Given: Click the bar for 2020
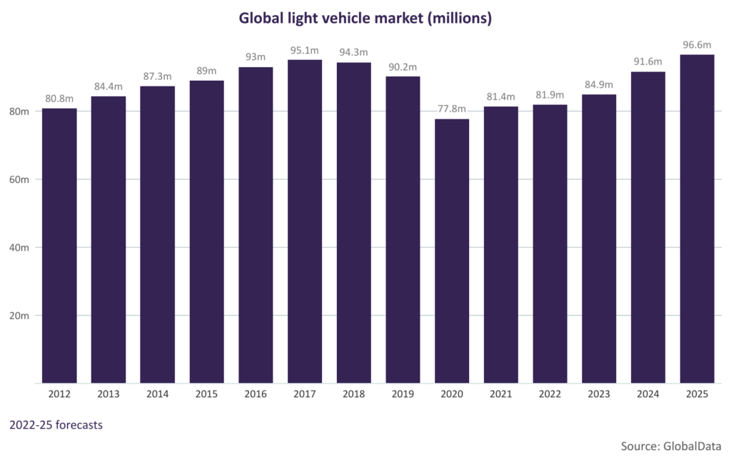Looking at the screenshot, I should [x=452, y=251].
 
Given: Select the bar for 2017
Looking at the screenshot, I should [x=305, y=221].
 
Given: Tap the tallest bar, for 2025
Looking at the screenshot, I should [x=697, y=219].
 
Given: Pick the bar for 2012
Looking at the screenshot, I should [x=59, y=246].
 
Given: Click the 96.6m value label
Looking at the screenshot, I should [x=697, y=44].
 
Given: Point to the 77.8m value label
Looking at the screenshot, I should [x=452, y=109].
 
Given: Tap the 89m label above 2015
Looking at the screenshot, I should [x=206, y=70].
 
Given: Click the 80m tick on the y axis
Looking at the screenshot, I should [x=19, y=111].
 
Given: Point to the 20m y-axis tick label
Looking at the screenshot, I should [x=19, y=316].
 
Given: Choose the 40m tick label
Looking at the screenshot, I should [x=19, y=248].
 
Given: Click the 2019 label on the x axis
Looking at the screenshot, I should [x=403, y=394].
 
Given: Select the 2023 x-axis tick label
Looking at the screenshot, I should [x=599, y=394].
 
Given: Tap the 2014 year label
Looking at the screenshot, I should [x=157, y=394].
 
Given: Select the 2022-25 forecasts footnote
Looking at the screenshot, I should [x=56, y=425].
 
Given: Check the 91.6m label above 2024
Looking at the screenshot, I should [x=648, y=61].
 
